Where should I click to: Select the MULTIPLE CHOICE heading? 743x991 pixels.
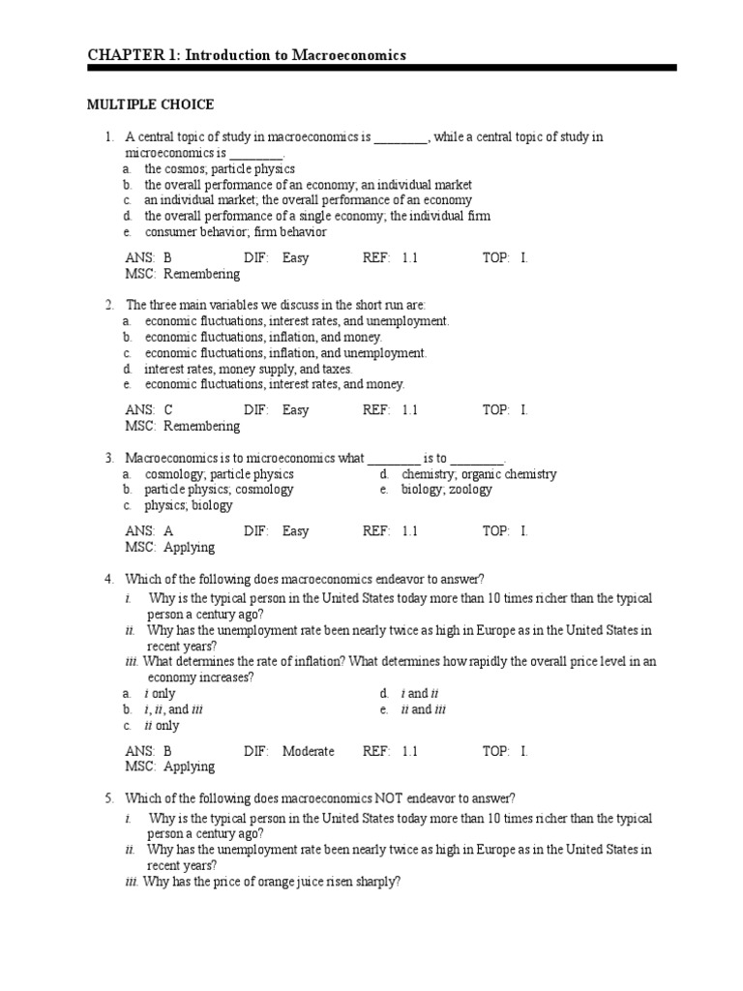tap(150, 105)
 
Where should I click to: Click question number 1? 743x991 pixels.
tap(110, 137)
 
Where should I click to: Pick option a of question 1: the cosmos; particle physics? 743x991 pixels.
tap(220, 169)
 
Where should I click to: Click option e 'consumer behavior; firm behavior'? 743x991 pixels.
tap(235, 232)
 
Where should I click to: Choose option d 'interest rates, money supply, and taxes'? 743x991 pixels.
tap(248, 369)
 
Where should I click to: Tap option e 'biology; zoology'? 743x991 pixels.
tap(446, 490)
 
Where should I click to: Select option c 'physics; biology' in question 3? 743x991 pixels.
tap(188, 505)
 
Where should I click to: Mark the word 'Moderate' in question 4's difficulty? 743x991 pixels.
tap(308, 751)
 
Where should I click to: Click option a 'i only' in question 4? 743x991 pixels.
tap(160, 694)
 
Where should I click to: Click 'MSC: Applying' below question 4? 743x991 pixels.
tap(169, 766)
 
